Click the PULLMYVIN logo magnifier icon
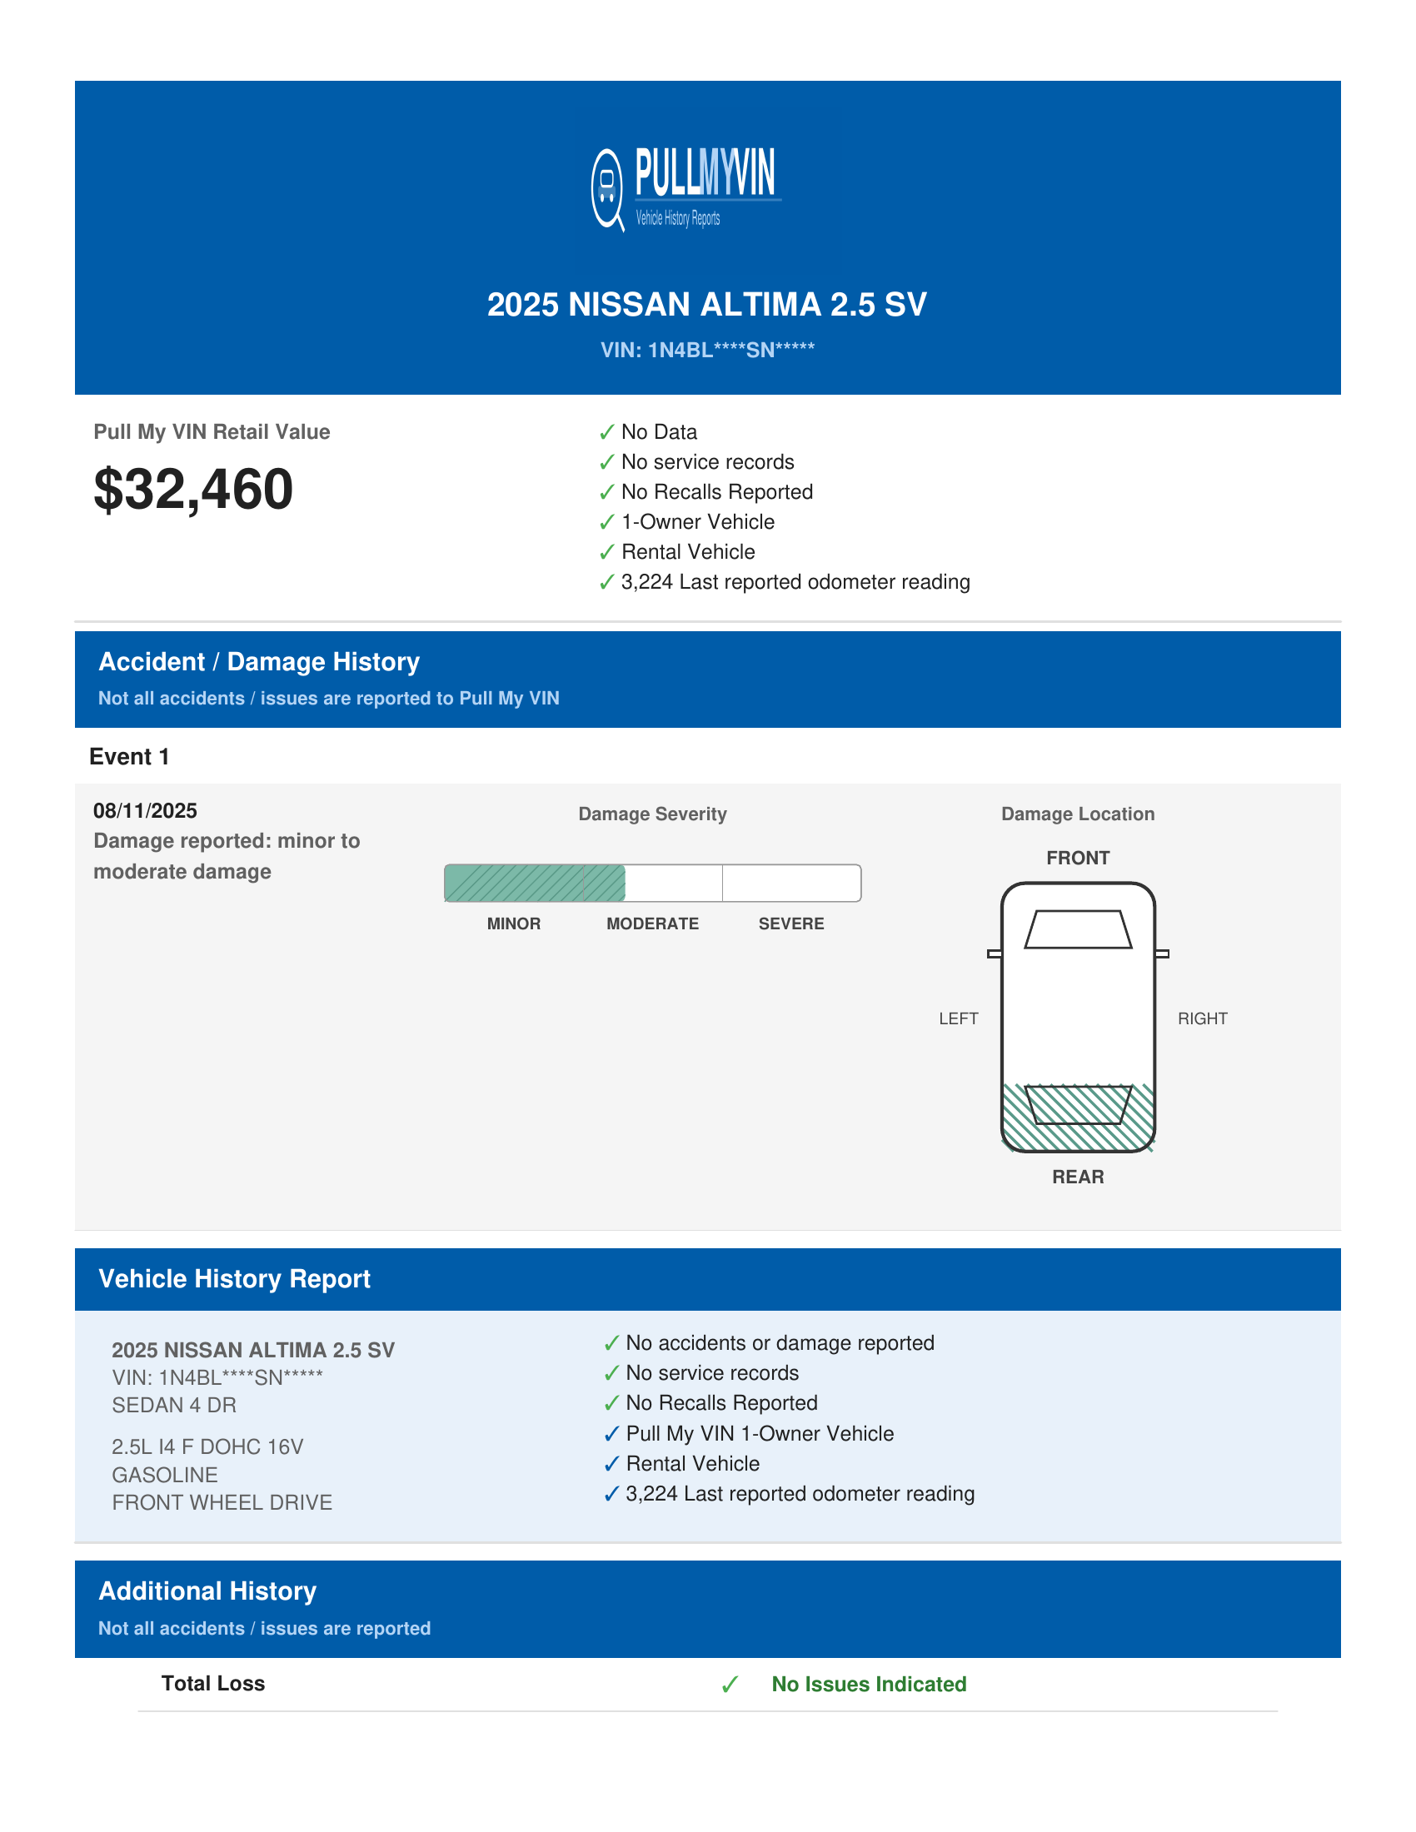[x=607, y=189]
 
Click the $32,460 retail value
[x=193, y=489]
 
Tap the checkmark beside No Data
[x=607, y=433]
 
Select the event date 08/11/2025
[x=145, y=811]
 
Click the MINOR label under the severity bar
[x=513, y=923]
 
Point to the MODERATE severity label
[x=653, y=923]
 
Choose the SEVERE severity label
[x=791, y=923]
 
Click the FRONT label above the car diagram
[x=1078, y=858]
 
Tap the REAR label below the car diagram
[x=1078, y=1177]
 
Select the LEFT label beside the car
[x=958, y=1018]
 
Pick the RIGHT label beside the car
[x=1202, y=1018]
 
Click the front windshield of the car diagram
[x=1078, y=929]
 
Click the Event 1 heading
[x=129, y=757]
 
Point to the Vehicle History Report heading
[x=234, y=1279]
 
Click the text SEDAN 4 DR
[x=174, y=1406]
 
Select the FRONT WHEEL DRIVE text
[x=222, y=1503]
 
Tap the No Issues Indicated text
[x=869, y=1685]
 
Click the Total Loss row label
[x=213, y=1684]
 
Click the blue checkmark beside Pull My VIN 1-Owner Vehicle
[x=611, y=1435]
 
